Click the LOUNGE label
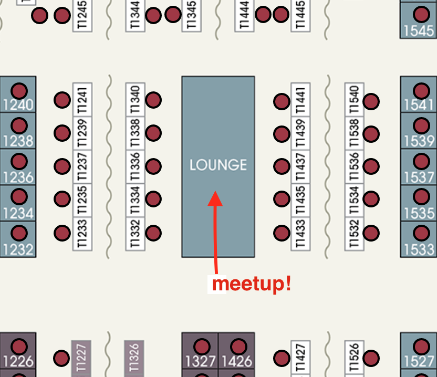[218, 165]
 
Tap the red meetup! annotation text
[252, 284]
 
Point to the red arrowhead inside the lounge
[215, 198]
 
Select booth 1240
[18, 95]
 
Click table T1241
[82, 100]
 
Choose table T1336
[135, 166]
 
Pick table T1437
[300, 166]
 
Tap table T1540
[354, 100]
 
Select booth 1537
[419, 167]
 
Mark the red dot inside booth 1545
[421, 15]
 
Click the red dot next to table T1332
[153, 233]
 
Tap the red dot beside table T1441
[282, 101]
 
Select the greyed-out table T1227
[81, 358]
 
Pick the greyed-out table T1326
[134, 358]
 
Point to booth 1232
[18, 239]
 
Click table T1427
[300, 358]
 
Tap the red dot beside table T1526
[371, 358]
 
